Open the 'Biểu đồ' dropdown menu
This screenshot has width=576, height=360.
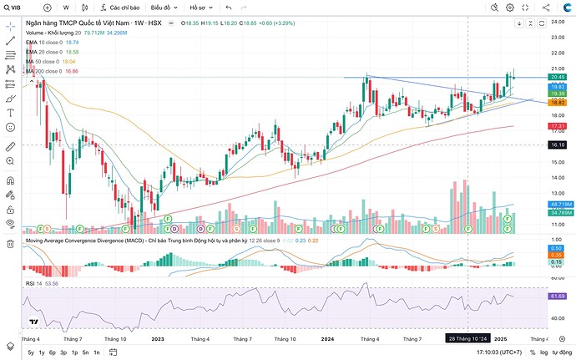162,7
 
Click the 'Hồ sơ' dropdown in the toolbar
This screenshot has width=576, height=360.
201,7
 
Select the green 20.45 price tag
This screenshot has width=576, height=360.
558,77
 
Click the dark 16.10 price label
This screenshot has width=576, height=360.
558,145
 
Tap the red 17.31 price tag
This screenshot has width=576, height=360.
558,126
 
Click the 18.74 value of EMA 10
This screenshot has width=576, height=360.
72,42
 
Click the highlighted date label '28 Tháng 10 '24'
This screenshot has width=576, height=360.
466,339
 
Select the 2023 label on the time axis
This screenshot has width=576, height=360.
158,339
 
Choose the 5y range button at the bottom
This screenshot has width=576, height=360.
31,353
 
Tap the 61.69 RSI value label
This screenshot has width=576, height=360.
558,296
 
